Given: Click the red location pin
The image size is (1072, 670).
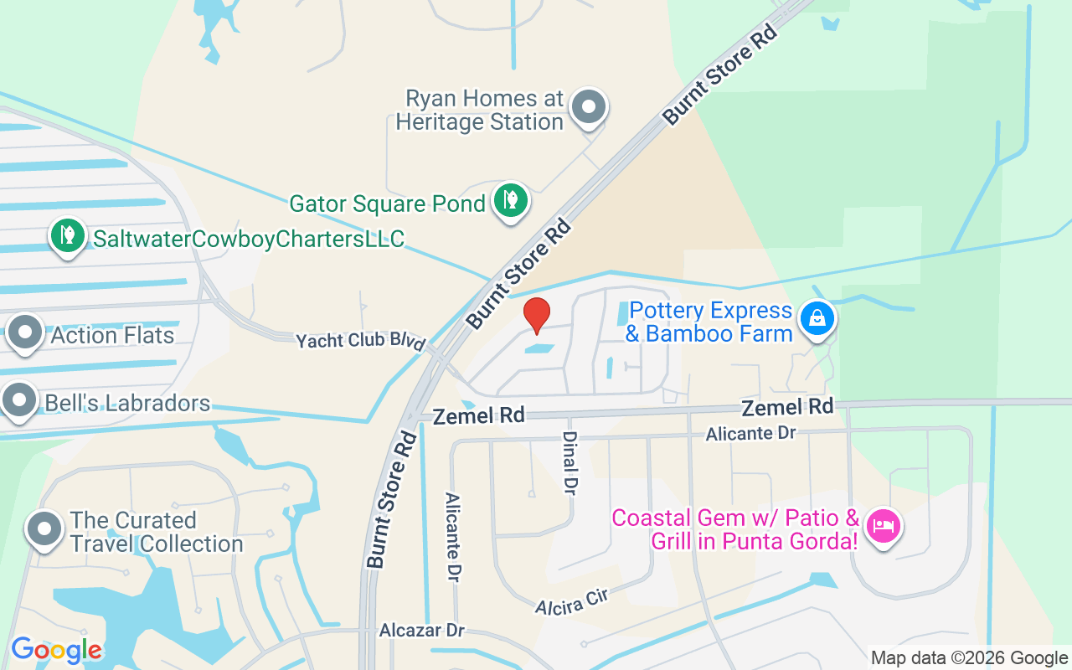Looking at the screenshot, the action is (x=536, y=316).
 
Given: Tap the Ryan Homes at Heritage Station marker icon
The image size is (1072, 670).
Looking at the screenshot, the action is (x=589, y=108).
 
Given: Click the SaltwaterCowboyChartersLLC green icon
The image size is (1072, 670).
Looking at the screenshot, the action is (x=67, y=235).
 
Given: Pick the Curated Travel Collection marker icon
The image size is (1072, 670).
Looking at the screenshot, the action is (x=44, y=529).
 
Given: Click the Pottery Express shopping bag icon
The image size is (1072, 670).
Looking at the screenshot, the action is (x=816, y=318).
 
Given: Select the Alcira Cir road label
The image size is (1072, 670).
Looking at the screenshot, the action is (x=570, y=600).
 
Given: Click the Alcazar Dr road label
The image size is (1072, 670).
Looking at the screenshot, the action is (x=421, y=630).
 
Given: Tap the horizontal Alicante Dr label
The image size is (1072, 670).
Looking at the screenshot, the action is (x=750, y=433).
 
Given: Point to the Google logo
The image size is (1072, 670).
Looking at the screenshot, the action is (x=56, y=650).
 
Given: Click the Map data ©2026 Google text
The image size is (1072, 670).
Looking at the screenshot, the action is (x=969, y=658).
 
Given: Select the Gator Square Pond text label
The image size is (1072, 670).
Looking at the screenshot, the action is (x=387, y=204).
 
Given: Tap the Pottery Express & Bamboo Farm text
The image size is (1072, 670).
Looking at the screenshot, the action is (x=710, y=322).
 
